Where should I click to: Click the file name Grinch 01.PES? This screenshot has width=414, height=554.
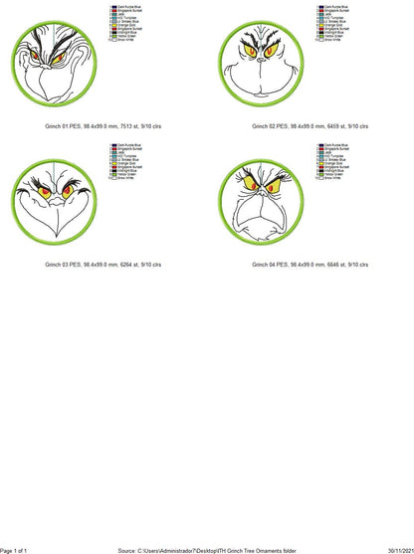pos(61,126)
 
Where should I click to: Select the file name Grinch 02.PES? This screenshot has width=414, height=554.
pos(269,126)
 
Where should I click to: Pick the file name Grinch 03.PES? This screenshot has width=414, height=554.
pos(61,266)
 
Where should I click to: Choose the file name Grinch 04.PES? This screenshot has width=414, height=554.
pos(269,266)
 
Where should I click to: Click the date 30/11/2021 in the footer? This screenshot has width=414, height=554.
pos(397,549)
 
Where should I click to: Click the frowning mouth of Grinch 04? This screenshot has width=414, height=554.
pos(262,211)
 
